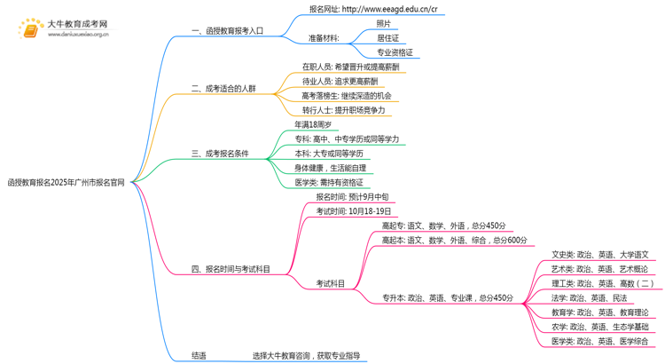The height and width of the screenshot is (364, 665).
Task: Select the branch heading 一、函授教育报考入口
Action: [226, 31]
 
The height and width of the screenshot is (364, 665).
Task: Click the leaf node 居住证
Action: [387, 38]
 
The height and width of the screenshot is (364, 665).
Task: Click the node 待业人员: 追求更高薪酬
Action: [340, 81]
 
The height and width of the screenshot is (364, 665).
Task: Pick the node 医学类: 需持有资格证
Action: [329, 182]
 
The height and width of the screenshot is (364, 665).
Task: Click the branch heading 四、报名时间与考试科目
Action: [231, 269]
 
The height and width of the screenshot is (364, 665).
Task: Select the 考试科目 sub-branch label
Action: [331, 284]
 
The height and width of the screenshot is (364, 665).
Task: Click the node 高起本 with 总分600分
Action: [454, 240]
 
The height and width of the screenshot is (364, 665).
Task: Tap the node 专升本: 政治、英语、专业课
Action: [448, 298]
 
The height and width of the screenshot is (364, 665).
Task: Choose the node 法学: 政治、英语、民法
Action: [589, 298]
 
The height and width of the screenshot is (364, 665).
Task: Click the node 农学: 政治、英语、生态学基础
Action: [599, 327]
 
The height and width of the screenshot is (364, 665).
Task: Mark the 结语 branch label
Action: [199, 356]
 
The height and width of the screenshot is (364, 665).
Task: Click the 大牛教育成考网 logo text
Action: [77, 24]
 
